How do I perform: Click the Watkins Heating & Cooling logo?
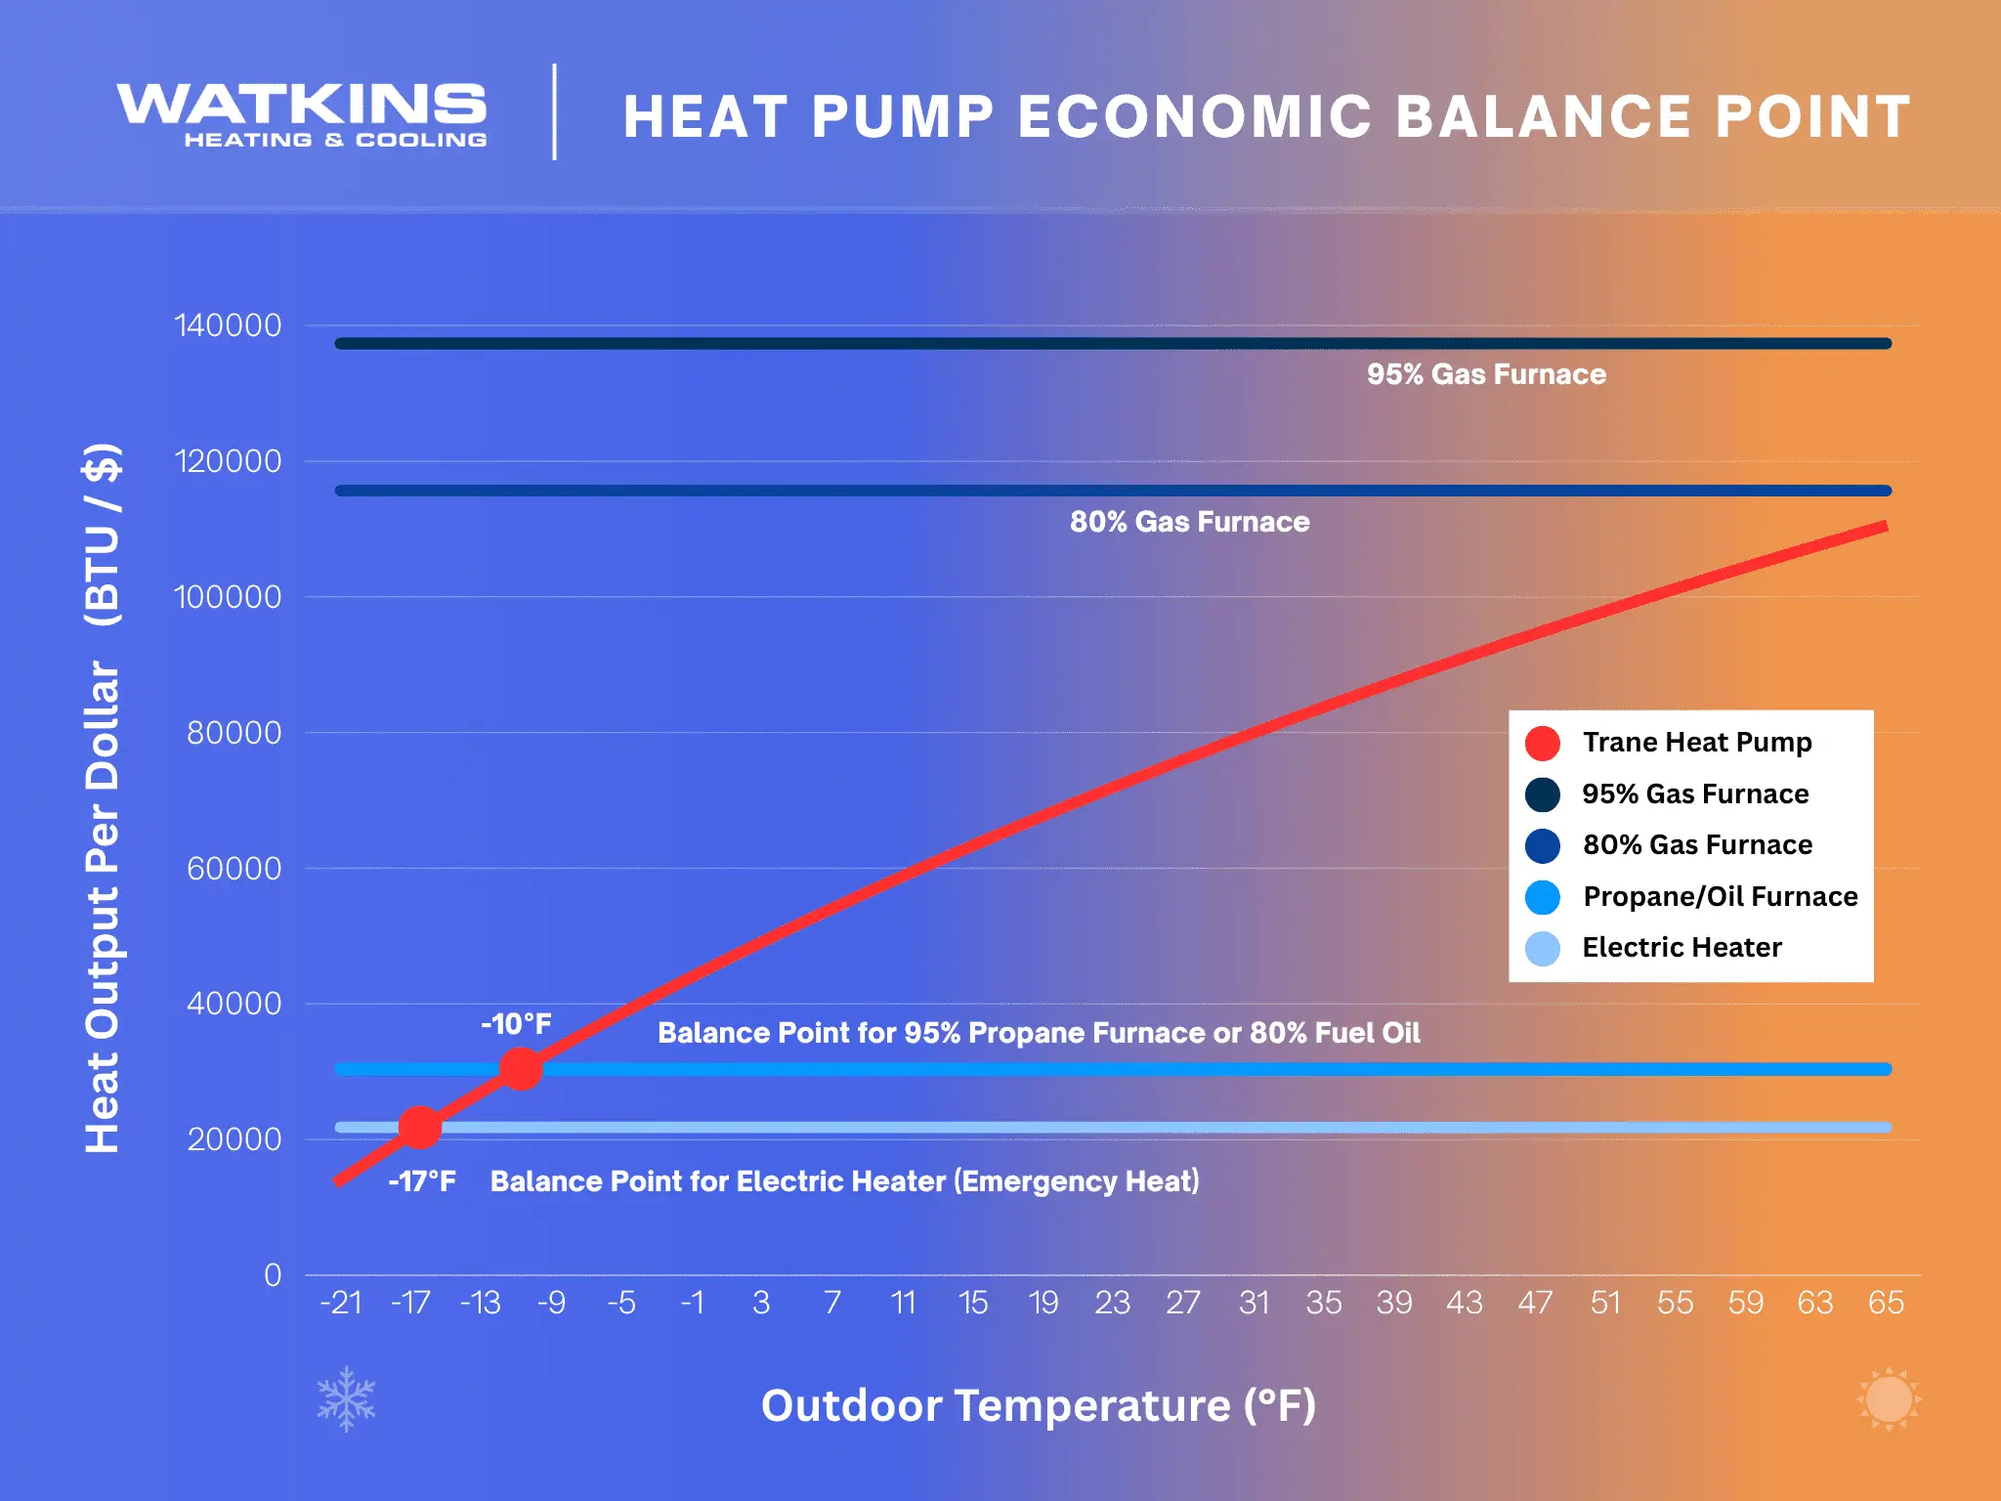click(x=302, y=115)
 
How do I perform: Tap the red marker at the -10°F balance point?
click(x=521, y=1068)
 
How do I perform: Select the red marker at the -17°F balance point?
click(x=420, y=1127)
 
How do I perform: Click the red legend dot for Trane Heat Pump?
click(x=1542, y=743)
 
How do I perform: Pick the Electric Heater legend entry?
click(x=1681, y=947)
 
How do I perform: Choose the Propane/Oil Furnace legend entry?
click(x=1719, y=896)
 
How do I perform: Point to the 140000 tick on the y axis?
click(x=228, y=325)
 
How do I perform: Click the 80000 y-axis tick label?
click(x=234, y=733)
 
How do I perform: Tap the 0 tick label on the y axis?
click(x=273, y=1275)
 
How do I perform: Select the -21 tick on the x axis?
click(x=341, y=1303)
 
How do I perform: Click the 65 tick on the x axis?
click(x=1886, y=1303)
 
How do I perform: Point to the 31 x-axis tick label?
click(x=1254, y=1303)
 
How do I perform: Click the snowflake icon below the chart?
click(x=346, y=1398)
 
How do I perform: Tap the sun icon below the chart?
click(x=1888, y=1398)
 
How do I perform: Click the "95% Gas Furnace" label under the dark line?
click(x=1486, y=374)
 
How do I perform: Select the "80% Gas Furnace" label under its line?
click(x=1189, y=522)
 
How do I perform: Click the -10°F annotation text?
click(x=516, y=1024)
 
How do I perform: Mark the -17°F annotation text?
click(x=422, y=1181)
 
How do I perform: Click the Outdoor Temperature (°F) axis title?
click(x=1039, y=1405)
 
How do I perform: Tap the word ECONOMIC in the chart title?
click(x=1195, y=117)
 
